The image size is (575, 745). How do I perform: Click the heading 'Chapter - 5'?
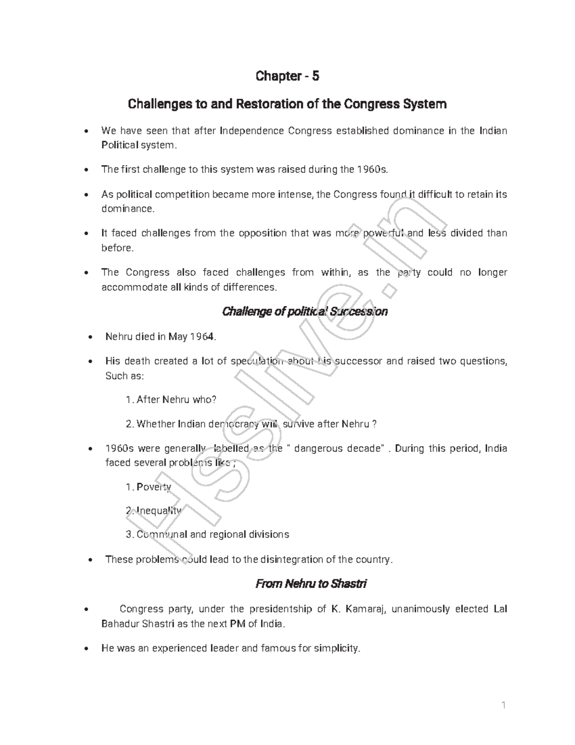click(287, 76)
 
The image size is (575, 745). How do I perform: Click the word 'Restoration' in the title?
click(267, 104)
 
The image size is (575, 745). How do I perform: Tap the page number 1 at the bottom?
click(504, 705)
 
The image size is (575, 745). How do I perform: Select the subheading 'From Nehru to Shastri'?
click(311, 584)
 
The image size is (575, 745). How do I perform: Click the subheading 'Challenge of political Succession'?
click(305, 312)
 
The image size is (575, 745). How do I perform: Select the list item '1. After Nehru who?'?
click(171, 400)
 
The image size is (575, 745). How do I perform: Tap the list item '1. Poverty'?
click(148, 487)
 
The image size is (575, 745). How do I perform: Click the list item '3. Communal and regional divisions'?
click(207, 534)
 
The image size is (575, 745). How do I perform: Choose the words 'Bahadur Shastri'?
click(132, 624)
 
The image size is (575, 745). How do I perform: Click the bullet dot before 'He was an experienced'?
click(85, 649)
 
